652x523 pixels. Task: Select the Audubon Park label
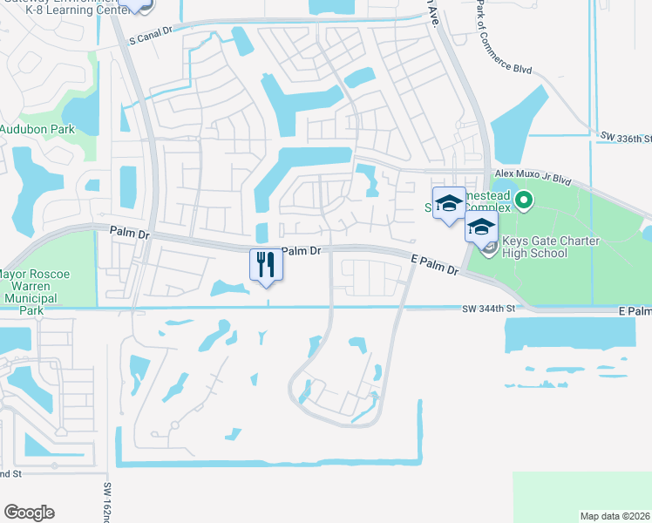[x=37, y=129]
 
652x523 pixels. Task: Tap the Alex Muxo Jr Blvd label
[x=532, y=178]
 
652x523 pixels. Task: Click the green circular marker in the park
[x=523, y=202]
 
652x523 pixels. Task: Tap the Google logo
[x=29, y=513]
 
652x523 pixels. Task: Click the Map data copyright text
[x=615, y=516]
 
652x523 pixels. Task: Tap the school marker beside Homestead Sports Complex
[x=449, y=204]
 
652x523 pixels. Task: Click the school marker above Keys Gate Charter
[x=480, y=229]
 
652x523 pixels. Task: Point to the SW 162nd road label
[x=108, y=502]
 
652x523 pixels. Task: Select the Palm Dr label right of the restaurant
[x=302, y=251]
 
